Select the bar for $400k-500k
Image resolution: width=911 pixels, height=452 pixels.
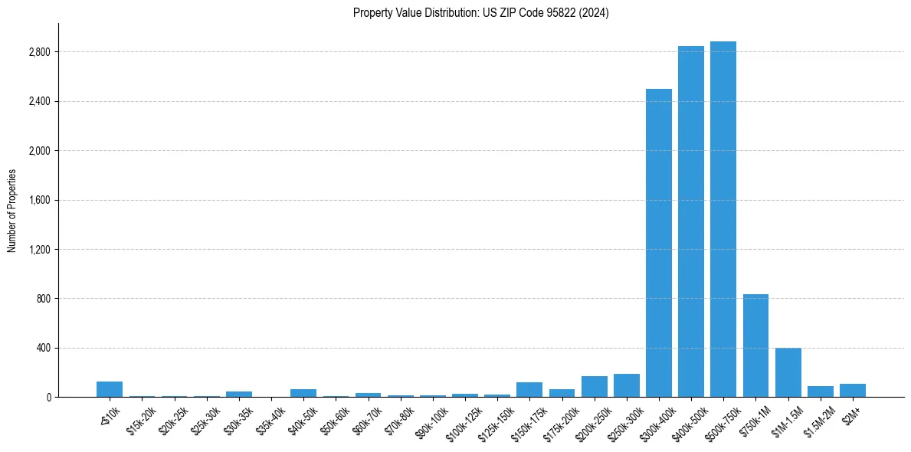691,221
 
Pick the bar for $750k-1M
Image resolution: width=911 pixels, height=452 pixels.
755,346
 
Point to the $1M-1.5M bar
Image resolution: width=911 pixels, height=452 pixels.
788,372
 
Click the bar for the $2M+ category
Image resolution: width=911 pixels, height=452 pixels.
853,390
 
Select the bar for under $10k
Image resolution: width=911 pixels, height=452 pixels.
110,389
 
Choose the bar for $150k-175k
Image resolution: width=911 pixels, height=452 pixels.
529,389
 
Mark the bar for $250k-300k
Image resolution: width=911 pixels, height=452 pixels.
627,385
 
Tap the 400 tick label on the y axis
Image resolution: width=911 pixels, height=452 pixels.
43,348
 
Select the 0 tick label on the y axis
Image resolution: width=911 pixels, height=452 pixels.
48,397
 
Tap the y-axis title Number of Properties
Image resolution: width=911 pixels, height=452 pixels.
12,211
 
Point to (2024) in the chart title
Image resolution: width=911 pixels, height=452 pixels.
595,13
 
